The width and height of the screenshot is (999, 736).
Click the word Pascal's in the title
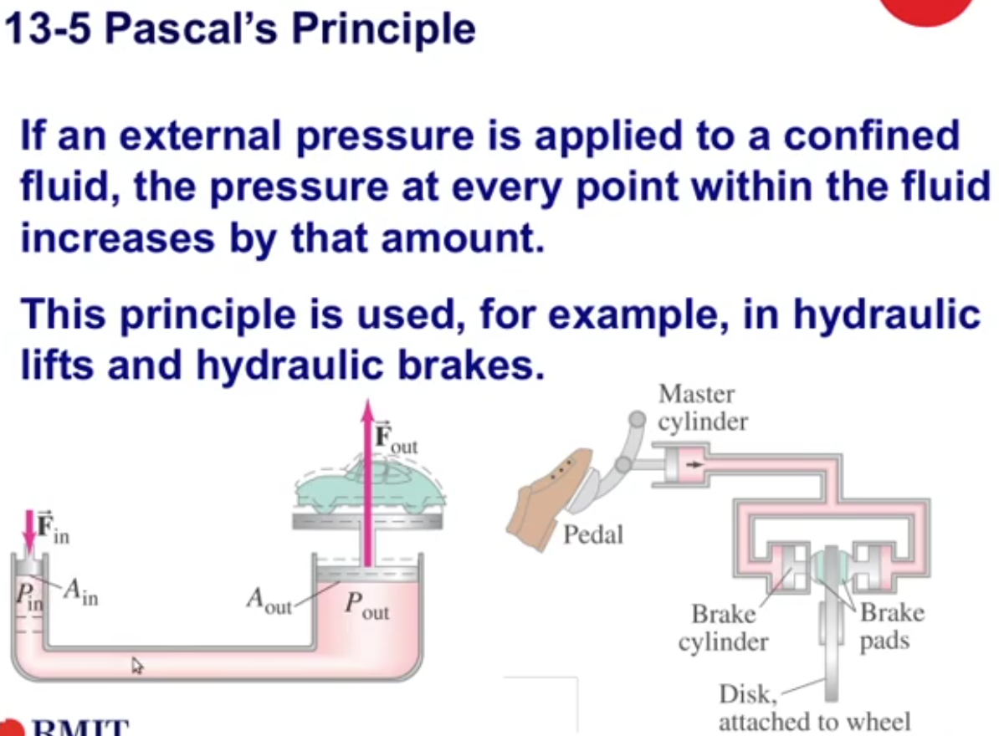pos(191,28)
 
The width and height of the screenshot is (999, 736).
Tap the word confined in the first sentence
pos(871,135)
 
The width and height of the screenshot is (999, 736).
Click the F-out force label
pos(396,437)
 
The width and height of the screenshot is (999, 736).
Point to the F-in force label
pos(52,527)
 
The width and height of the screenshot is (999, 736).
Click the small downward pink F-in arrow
pos(28,530)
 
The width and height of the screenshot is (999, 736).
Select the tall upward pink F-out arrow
pos(367,483)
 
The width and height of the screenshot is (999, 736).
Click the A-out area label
pos(269,601)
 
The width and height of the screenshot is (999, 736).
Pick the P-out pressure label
pos(366,605)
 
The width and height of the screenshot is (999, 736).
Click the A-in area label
pos(81,591)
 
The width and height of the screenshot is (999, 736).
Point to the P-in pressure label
pos(29,596)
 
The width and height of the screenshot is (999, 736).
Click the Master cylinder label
pos(702,407)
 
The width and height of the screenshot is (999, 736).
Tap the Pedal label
pos(593,534)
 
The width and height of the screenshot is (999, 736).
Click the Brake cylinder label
pos(723,628)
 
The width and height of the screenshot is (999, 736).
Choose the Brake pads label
pos(892,626)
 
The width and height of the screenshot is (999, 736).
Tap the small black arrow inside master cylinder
pos(694,465)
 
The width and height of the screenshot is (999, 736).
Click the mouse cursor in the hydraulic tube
pos(137,666)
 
